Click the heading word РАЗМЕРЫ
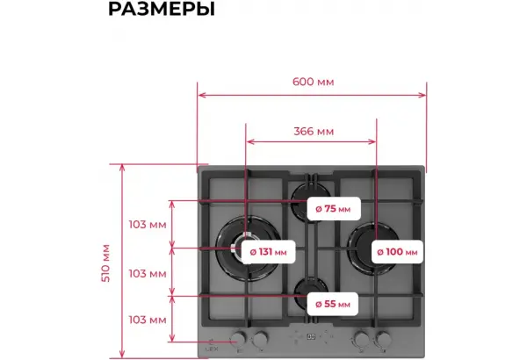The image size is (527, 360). pyautogui.click(x=162, y=9)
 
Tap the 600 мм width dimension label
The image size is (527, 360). pyautogui.click(x=314, y=82)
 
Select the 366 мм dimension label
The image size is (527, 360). pyautogui.click(x=314, y=132)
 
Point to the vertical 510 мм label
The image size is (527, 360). pyautogui.click(x=106, y=263)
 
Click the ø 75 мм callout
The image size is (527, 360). pyautogui.click(x=334, y=209)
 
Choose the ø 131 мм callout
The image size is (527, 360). pyautogui.click(x=268, y=252)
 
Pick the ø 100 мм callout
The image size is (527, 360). pyautogui.click(x=397, y=252)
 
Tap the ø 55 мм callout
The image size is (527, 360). pyautogui.click(x=333, y=304)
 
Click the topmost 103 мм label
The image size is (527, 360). pyautogui.click(x=148, y=225)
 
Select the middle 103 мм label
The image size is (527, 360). pyautogui.click(x=148, y=274)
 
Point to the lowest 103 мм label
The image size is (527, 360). pyautogui.click(x=148, y=320)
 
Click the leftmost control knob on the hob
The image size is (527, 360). pyautogui.click(x=238, y=339)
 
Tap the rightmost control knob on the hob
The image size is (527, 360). pyautogui.click(x=384, y=339)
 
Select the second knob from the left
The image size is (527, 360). pyautogui.click(x=261, y=339)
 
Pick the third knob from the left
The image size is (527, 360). pyautogui.click(x=361, y=339)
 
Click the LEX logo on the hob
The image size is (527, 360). pyautogui.click(x=212, y=346)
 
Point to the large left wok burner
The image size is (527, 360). pyautogui.click(x=248, y=248)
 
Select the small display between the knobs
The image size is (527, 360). pyautogui.click(x=311, y=336)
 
